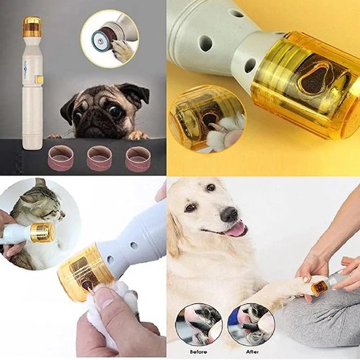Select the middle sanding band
click(x=99, y=158)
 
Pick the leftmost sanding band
click(x=61, y=158)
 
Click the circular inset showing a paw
click(x=109, y=38)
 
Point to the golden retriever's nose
click(x=229, y=215)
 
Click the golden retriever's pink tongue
click(x=234, y=228)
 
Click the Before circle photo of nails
click(x=199, y=323)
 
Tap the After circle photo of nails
click(x=251, y=323)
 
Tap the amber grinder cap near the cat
click(x=42, y=232)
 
